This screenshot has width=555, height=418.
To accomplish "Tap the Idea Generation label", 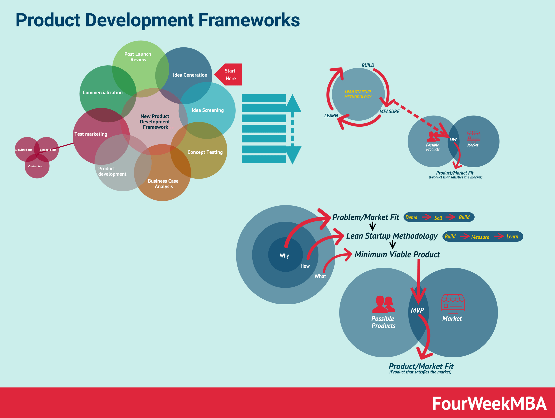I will [190, 75].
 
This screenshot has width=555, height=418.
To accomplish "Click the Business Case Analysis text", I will [163, 184].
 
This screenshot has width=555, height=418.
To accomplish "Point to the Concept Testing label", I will [205, 152].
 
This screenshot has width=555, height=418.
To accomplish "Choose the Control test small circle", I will [37, 166].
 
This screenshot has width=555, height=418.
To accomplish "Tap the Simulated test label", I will [24, 150].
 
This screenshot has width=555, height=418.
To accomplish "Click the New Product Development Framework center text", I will [155, 122].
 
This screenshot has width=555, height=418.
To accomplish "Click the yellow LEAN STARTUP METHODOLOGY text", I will [357, 94].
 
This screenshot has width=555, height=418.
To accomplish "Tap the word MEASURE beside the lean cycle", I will [389, 112].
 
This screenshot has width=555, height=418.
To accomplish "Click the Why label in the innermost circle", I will [284, 256].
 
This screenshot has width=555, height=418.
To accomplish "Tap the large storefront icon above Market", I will [453, 304].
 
